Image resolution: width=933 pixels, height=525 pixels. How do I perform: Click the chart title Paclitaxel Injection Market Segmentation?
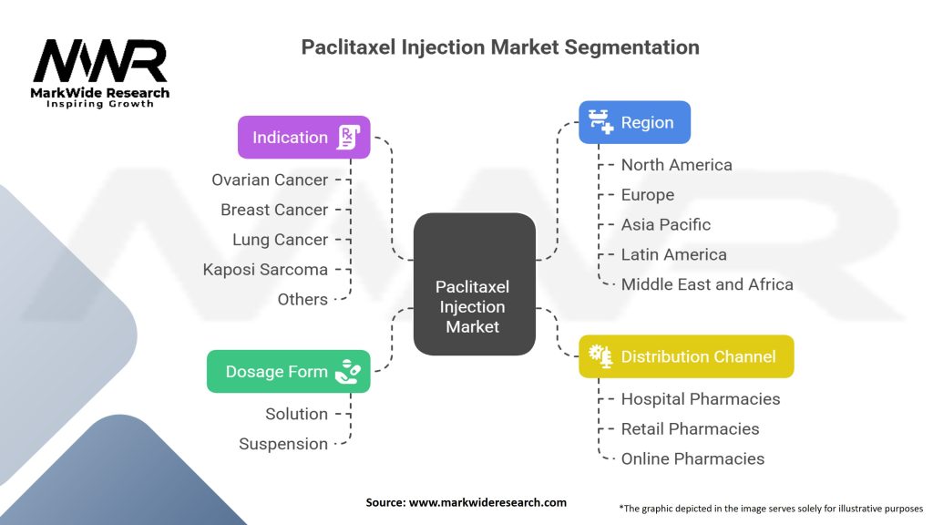coord(500,46)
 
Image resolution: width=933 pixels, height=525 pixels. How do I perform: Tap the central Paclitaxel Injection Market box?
coord(474,284)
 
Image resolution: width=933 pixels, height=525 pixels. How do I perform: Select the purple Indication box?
coord(304,138)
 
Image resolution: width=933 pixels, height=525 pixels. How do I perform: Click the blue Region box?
coord(634,122)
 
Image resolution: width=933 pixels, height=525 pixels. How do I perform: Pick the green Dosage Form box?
coord(288,372)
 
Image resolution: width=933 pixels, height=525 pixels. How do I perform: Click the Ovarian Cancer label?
coord(270,180)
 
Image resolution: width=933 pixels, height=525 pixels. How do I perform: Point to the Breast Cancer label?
coord(273,210)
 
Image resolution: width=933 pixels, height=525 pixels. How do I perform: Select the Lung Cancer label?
coord(280,240)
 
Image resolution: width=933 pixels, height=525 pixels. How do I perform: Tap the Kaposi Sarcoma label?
coord(265,270)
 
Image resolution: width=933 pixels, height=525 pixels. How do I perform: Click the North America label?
coord(676,165)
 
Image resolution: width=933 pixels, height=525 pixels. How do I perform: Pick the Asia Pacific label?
coord(665,225)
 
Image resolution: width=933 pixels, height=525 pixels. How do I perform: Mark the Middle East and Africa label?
coord(706,284)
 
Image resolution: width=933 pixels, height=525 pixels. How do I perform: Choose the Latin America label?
coord(673,255)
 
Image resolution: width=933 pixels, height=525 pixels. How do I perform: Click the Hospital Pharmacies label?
coord(700,399)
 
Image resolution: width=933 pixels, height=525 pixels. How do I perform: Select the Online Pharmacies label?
coord(692,459)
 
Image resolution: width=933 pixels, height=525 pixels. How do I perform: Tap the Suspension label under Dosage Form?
coord(282,444)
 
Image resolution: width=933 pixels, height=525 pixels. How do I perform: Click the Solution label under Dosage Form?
coord(296,414)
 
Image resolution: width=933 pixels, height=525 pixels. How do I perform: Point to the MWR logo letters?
coord(100,62)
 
